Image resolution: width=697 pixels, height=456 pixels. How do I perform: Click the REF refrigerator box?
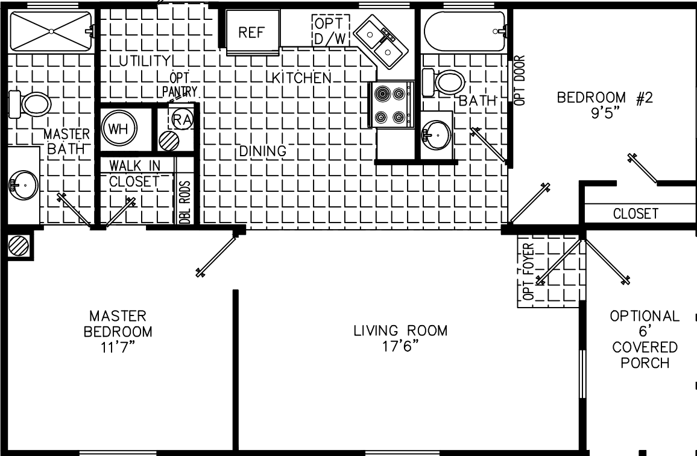pos(253,32)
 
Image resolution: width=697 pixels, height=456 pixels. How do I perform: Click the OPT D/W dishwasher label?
pos(330,30)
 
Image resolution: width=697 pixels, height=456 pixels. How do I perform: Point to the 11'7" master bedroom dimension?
pos(118,347)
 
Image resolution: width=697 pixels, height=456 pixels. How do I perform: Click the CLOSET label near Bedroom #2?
pos(635,214)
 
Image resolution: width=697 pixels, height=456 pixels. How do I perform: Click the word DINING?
pos(262,151)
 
